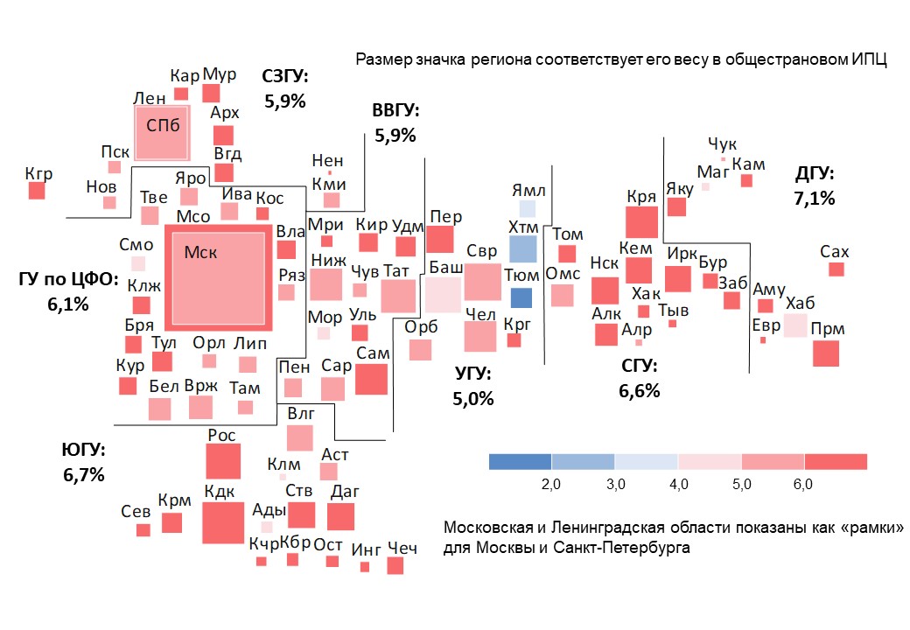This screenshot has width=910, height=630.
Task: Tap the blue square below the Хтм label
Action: pyautogui.click(x=522, y=249)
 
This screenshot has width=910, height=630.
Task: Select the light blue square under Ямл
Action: pyautogui.click(x=527, y=208)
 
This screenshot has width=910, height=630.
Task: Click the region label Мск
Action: pyautogui.click(x=200, y=252)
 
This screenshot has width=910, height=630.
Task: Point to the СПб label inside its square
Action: pyautogui.click(x=163, y=125)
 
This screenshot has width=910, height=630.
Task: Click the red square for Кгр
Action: pyautogui.click(x=36, y=190)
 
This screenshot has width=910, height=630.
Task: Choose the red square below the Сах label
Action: pyautogui.click(x=836, y=269)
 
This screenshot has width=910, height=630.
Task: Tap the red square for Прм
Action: pyautogui.click(x=825, y=353)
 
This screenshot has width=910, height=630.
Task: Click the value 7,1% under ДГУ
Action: pyautogui.click(x=814, y=199)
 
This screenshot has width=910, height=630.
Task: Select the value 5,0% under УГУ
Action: pyautogui.click(x=473, y=399)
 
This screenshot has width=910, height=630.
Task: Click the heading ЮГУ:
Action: pyautogui.click(x=84, y=451)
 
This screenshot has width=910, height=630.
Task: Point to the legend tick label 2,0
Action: pyautogui.click(x=551, y=484)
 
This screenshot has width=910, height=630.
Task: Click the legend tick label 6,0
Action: pyautogui.click(x=803, y=484)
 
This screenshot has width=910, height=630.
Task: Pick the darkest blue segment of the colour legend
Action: pyautogui.click(x=520, y=462)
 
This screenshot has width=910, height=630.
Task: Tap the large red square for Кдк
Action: pyautogui.click(x=223, y=523)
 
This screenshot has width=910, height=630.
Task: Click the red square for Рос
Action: pyautogui.click(x=222, y=461)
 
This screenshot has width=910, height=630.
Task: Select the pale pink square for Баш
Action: pyautogui.click(x=443, y=295)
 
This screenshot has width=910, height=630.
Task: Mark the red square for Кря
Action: pyautogui.click(x=641, y=221)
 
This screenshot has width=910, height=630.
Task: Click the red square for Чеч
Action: pyautogui.click(x=395, y=565)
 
